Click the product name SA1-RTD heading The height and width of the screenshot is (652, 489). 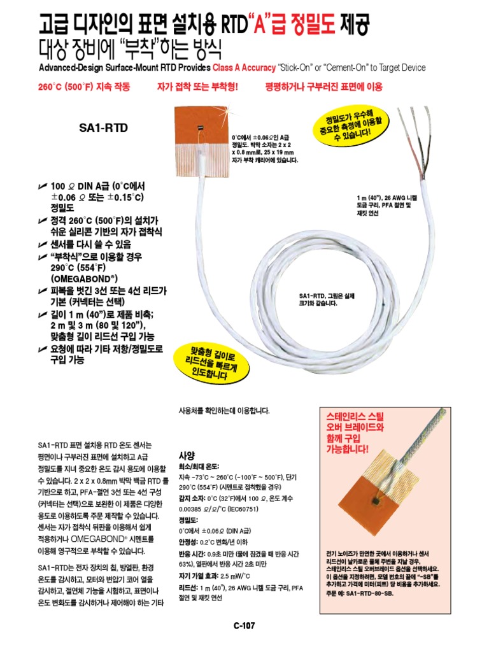click(x=103, y=128)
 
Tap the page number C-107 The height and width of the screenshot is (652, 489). click(x=244, y=626)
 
